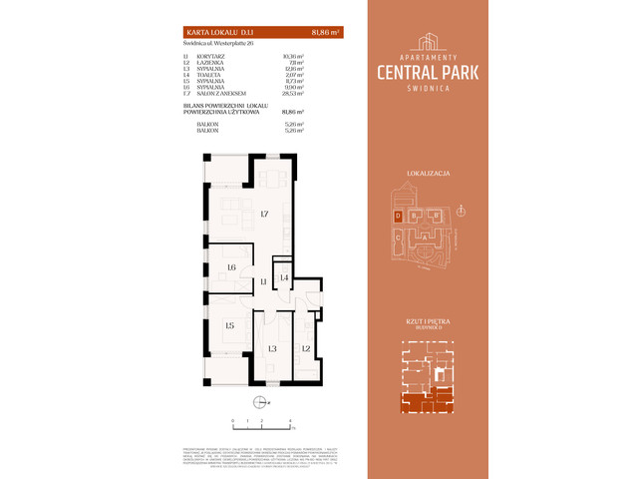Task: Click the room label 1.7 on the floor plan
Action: pyautogui.click(x=263, y=215)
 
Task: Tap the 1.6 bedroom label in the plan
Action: pyautogui.click(x=230, y=266)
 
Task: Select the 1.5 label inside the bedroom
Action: pyautogui.click(x=228, y=325)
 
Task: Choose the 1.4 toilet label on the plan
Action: pyautogui.click(x=284, y=276)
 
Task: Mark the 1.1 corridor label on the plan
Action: pyautogui.click(x=264, y=283)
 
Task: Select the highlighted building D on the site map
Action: pyautogui.click(x=400, y=216)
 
